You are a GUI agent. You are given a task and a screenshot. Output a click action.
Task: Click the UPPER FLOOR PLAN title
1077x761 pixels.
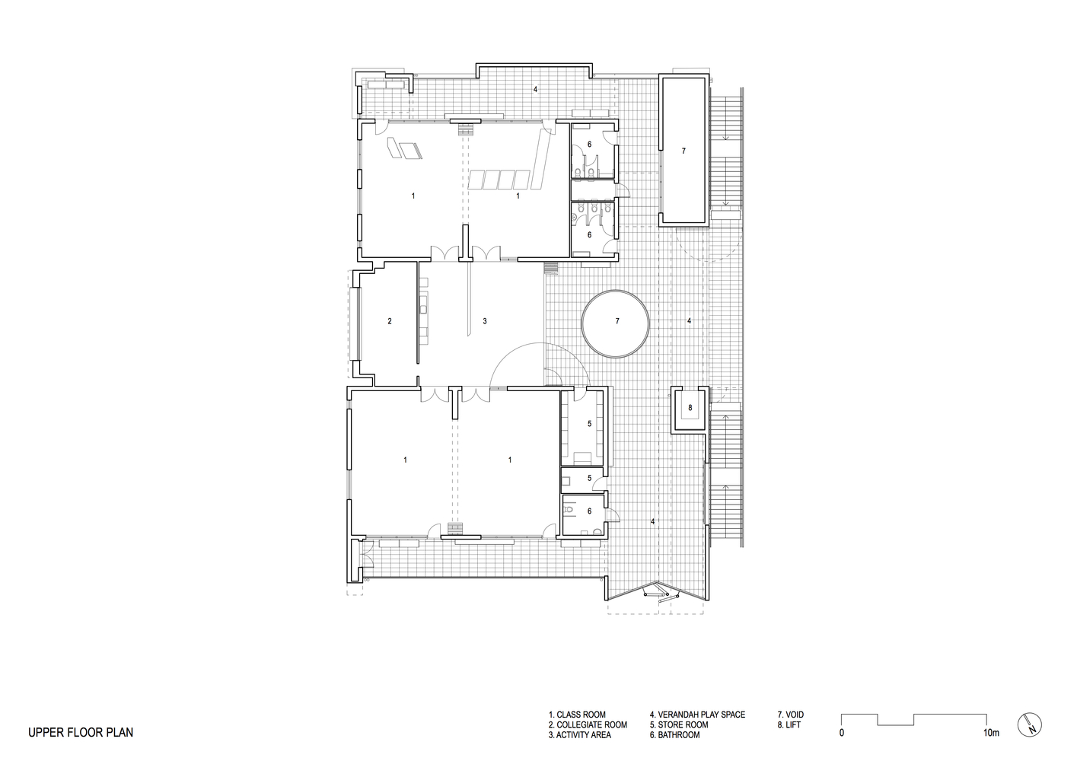click(x=81, y=733)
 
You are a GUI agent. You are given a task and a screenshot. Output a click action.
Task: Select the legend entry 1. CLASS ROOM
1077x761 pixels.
click(x=577, y=715)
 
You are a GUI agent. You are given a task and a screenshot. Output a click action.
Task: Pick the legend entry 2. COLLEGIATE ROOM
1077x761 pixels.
click(x=588, y=725)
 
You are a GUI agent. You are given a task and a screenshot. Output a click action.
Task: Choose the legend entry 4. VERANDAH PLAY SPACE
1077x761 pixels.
click(x=697, y=715)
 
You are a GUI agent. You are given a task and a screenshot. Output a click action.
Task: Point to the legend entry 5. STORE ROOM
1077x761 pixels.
click(x=678, y=725)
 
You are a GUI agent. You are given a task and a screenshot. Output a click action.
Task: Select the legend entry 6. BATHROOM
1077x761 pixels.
click(x=674, y=735)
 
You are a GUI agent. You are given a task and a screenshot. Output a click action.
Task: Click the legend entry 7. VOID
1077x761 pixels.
click(x=790, y=715)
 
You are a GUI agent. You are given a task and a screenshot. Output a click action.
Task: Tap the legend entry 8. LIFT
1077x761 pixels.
click(x=789, y=725)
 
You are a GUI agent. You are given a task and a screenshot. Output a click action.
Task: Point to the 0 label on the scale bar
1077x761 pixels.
click(x=842, y=734)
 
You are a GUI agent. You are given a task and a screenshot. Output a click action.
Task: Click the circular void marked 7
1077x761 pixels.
click(x=616, y=323)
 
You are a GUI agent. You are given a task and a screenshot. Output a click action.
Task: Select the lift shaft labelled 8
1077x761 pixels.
click(x=690, y=409)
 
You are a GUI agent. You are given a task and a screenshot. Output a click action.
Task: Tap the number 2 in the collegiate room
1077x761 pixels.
click(x=390, y=321)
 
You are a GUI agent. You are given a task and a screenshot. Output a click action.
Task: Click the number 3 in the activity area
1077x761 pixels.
click(x=485, y=321)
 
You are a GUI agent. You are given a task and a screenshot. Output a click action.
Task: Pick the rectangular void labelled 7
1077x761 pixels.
click(x=683, y=151)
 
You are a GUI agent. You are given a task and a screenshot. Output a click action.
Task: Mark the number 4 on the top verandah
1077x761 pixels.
click(x=535, y=90)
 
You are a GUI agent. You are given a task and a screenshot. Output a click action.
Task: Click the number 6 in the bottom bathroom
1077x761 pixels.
click(x=589, y=511)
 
